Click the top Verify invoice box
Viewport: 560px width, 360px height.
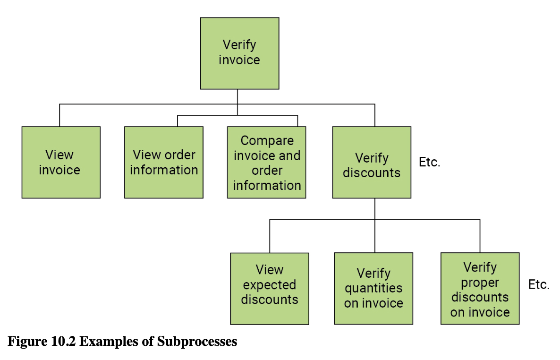(239, 53)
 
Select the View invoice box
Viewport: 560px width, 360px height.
(61, 162)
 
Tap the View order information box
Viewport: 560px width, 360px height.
(164, 162)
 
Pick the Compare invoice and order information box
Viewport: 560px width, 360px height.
(266, 162)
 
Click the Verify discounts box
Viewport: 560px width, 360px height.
(372, 162)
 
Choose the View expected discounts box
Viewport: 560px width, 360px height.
(270, 288)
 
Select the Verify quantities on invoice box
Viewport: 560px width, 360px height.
(373, 288)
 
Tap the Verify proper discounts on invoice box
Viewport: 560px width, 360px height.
(480, 288)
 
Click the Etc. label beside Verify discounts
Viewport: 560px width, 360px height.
(430, 163)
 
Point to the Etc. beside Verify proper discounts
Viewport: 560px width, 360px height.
(539, 285)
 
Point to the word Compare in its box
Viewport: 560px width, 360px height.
(267, 141)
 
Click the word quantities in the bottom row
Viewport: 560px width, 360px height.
(373, 288)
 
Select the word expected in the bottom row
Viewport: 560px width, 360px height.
(270, 285)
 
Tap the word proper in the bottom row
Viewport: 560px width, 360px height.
(480, 283)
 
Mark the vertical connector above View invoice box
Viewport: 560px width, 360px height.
(59, 115)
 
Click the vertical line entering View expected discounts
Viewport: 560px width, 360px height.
(270, 236)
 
